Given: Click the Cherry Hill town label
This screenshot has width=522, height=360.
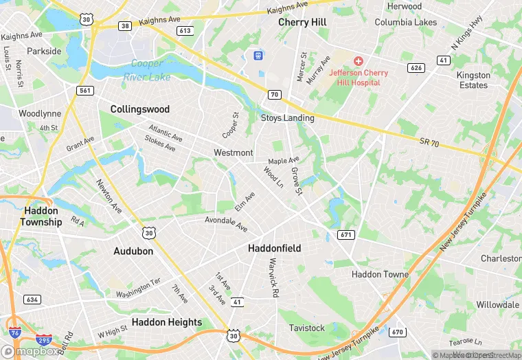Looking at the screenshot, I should click(303, 23).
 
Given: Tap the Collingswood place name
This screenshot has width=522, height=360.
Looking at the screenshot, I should click(139, 109).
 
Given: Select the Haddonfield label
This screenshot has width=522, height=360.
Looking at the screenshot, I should click(274, 248).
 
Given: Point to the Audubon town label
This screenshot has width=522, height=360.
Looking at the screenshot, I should click(133, 251).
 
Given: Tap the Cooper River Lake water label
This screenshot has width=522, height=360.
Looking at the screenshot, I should click(146, 71).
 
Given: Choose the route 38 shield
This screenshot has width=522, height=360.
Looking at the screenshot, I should click(125, 26).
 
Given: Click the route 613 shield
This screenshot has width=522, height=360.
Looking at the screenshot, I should click(184, 30).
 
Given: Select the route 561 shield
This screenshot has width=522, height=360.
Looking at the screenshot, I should click(85, 91).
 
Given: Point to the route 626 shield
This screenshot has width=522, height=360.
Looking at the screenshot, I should click(415, 68).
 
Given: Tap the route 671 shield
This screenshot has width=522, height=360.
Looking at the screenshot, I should click(345, 235).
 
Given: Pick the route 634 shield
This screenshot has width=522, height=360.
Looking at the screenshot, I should click(32, 300).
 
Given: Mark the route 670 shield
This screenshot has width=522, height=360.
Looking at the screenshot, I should click(397, 333).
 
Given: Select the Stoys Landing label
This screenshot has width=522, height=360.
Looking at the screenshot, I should click(287, 118).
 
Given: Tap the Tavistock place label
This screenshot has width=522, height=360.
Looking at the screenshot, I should click(306, 328).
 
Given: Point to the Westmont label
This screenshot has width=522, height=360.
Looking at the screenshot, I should click(234, 153).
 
